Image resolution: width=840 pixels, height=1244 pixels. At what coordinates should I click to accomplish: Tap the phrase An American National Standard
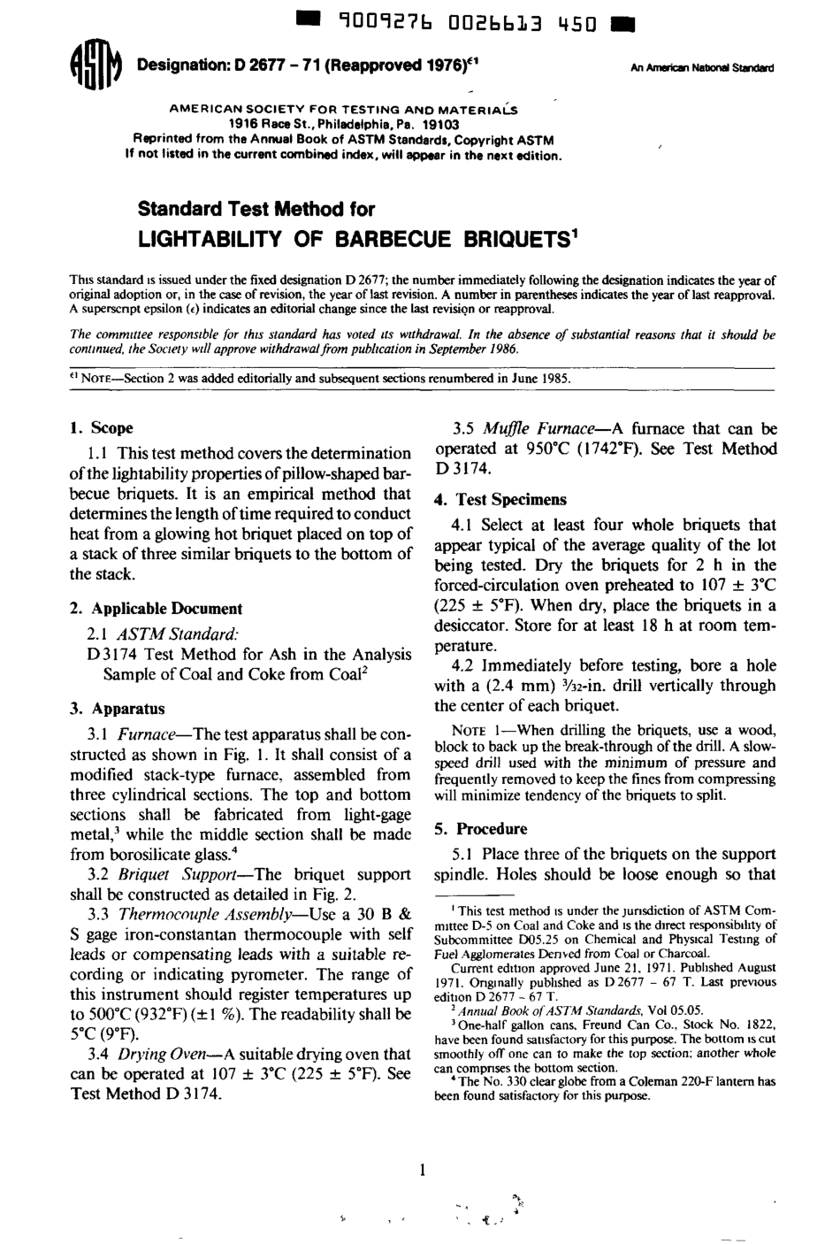702,67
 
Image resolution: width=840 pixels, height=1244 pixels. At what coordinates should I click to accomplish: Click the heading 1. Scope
101,428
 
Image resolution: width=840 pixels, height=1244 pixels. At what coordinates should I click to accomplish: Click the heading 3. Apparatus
117,709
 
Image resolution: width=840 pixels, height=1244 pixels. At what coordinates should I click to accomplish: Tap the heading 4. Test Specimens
500,499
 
